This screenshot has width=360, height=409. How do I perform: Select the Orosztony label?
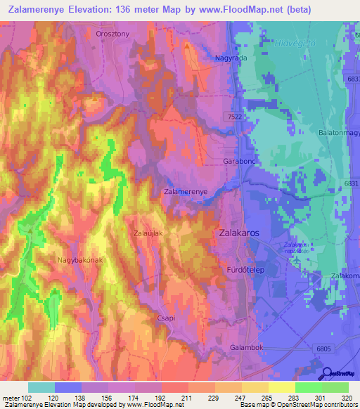112,33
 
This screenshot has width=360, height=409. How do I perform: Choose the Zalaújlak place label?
149,233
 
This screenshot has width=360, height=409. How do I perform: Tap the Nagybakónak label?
80,260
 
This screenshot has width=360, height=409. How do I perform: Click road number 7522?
236,116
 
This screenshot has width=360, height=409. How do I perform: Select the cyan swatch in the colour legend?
41,387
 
